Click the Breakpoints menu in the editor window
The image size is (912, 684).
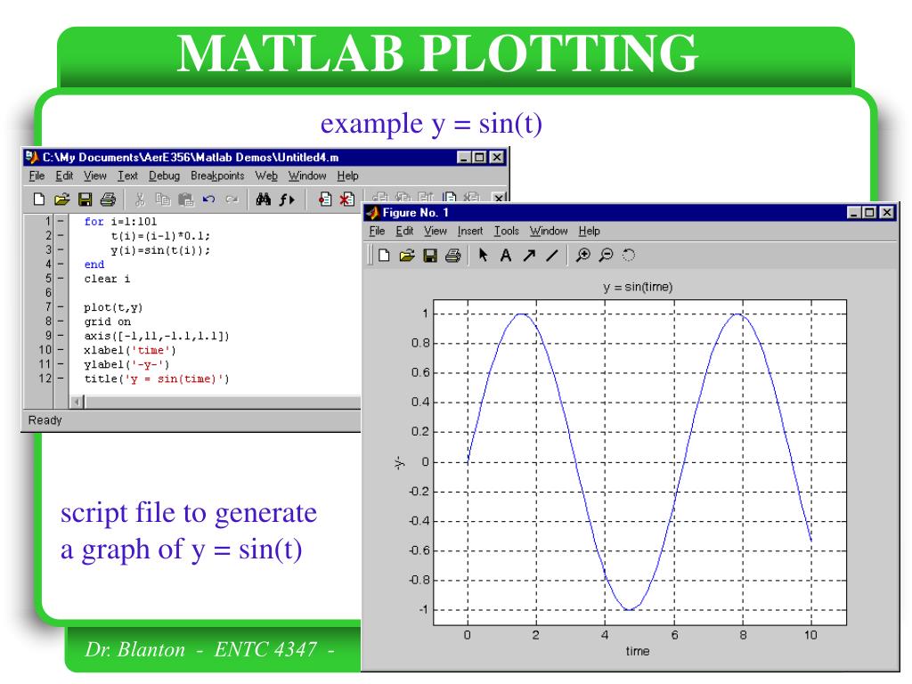click(219, 176)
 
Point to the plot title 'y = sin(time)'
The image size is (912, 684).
click(637, 287)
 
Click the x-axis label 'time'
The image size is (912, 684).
click(637, 651)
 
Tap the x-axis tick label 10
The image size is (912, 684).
click(810, 634)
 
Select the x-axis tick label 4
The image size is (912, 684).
click(605, 634)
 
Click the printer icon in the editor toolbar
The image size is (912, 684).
click(108, 199)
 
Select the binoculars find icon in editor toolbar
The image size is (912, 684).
click(264, 199)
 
